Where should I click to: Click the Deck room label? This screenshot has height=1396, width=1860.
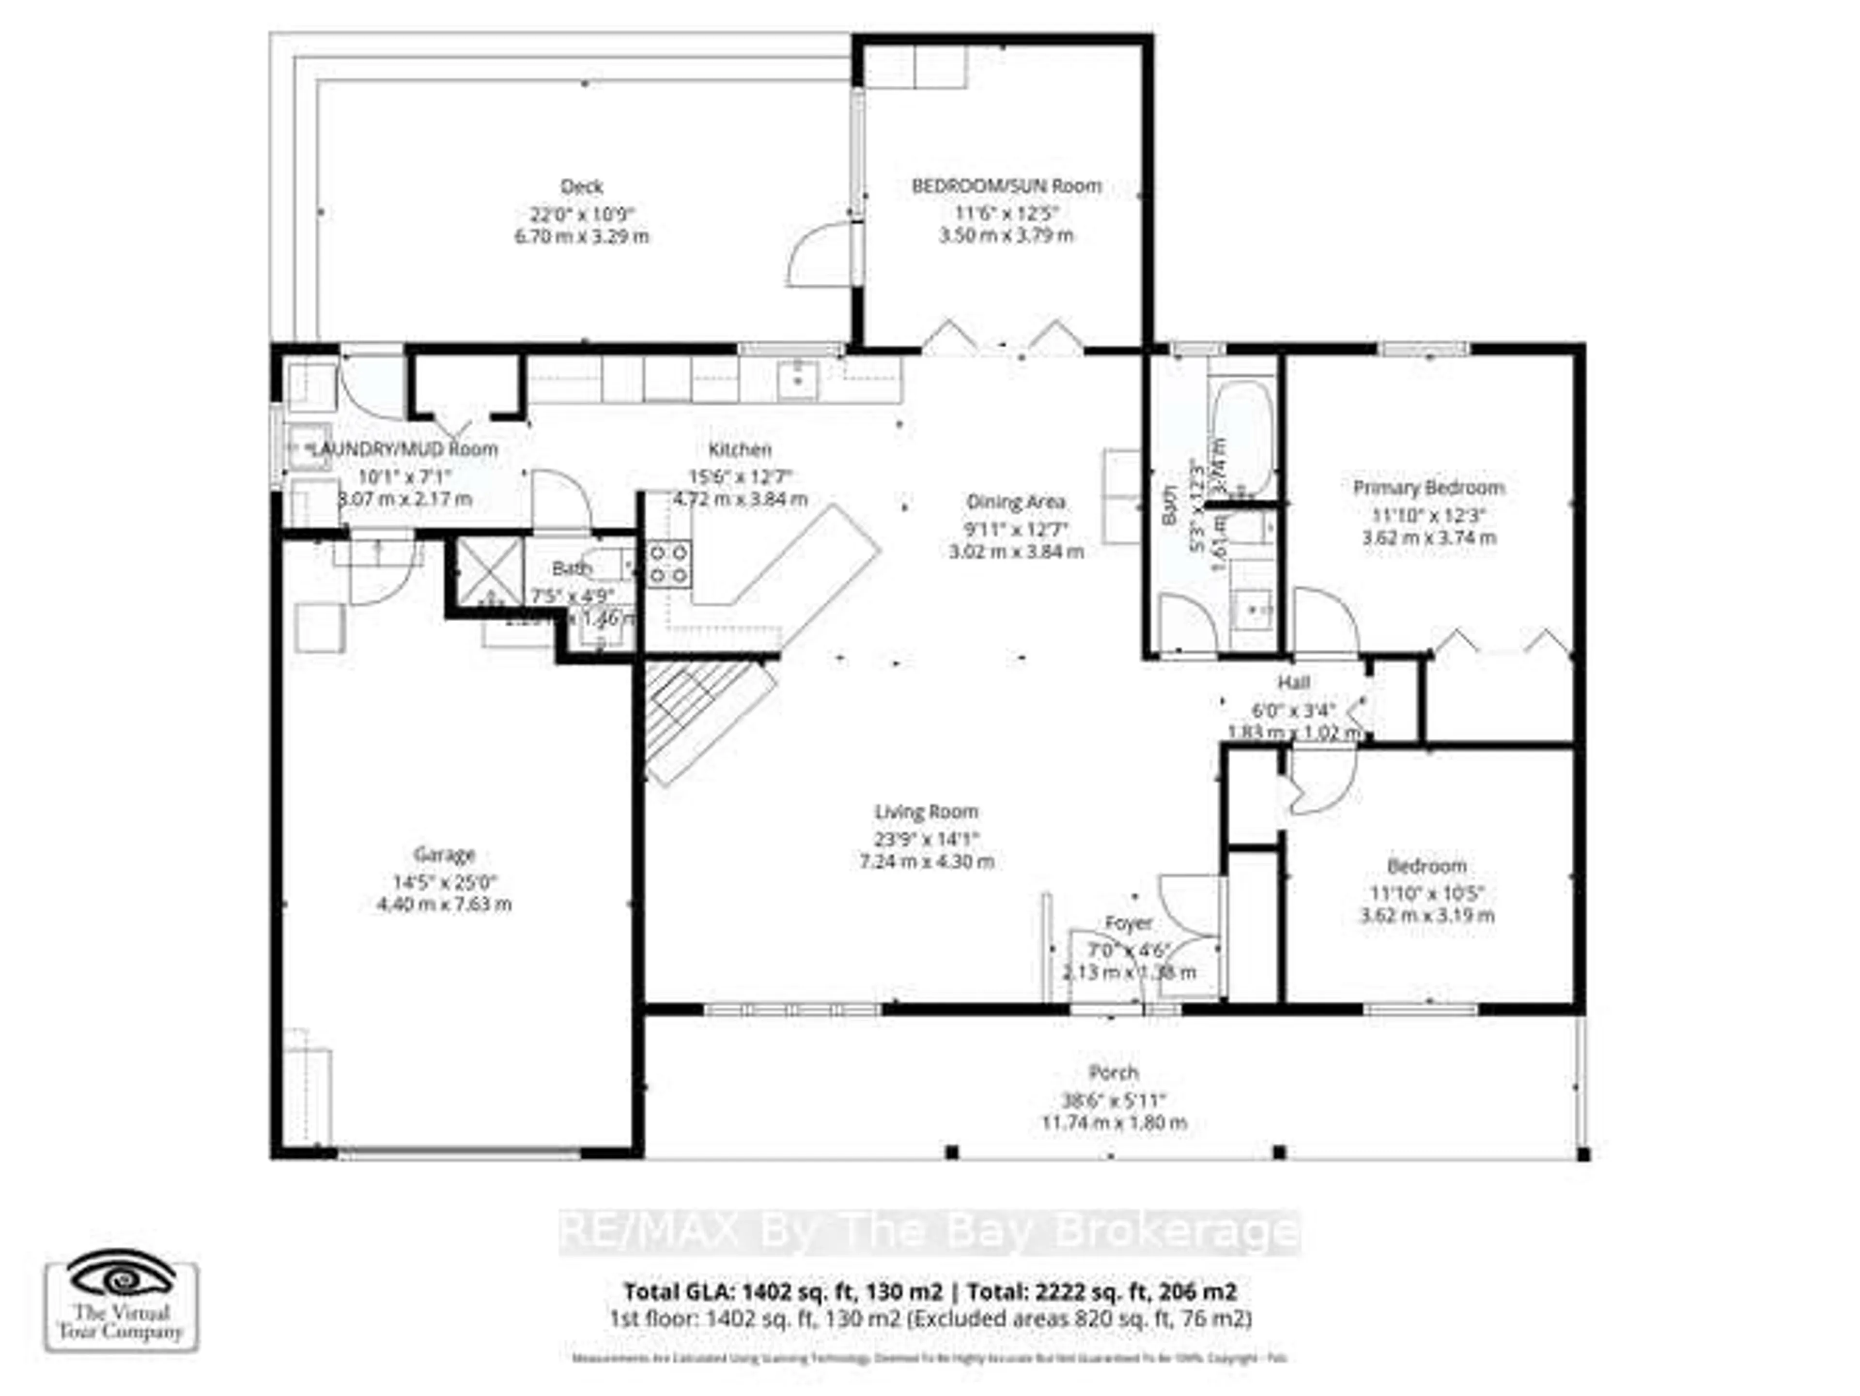click(582, 186)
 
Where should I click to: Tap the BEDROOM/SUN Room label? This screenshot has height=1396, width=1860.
click(1007, 186)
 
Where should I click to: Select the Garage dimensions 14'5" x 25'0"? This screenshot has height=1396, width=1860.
click(445, 882)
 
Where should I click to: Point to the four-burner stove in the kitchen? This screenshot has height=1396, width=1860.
click(668, 564)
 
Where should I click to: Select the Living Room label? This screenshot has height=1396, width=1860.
click(926, 812)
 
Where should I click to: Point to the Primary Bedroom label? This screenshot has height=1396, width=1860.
click(1428, 488)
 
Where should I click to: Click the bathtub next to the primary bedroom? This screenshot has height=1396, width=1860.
click(1241, 437)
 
